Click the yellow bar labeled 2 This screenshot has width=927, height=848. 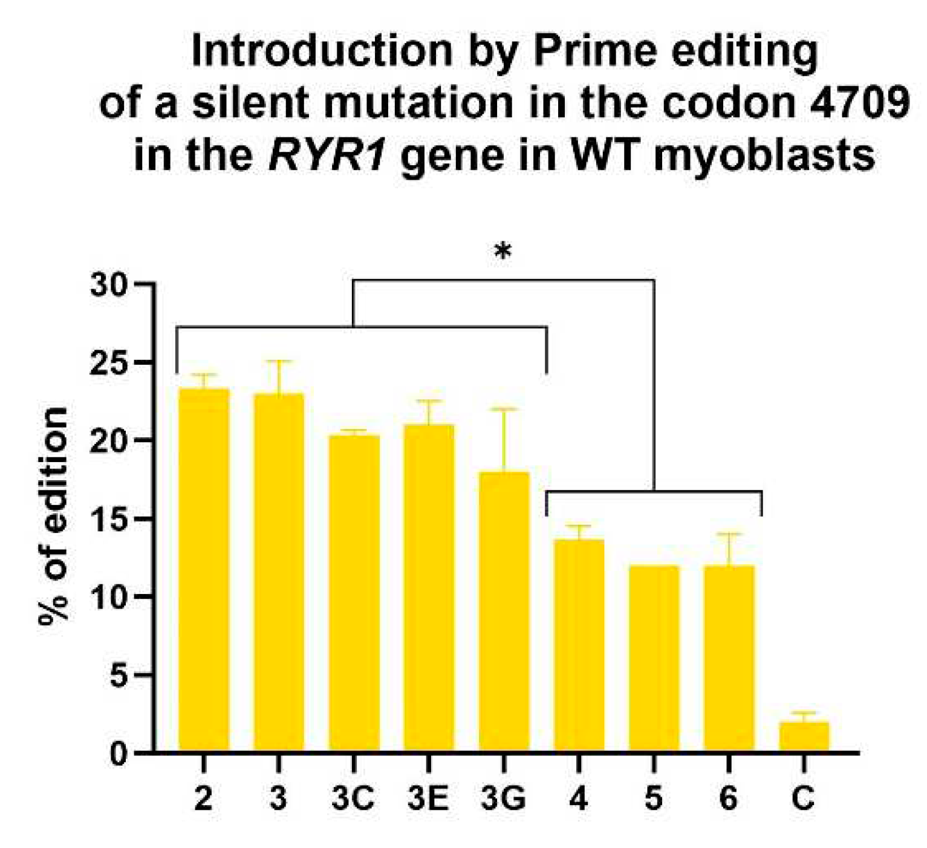coord(204,569)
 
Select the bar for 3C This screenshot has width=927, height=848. coord(354,593)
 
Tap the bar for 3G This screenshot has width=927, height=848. coord(504,611)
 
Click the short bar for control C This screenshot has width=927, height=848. coord(804,736)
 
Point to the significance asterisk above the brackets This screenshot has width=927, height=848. coord(503,252)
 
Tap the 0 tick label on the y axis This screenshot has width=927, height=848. coord(119,754)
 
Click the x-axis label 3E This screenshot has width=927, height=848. coord(428,799)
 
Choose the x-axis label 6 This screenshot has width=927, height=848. coord(729,799)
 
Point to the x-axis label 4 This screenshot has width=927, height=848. coord(579,799)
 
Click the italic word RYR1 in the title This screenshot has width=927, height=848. coord(327,156)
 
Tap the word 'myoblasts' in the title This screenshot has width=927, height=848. coord(764,156)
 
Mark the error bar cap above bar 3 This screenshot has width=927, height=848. coord(278,361)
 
